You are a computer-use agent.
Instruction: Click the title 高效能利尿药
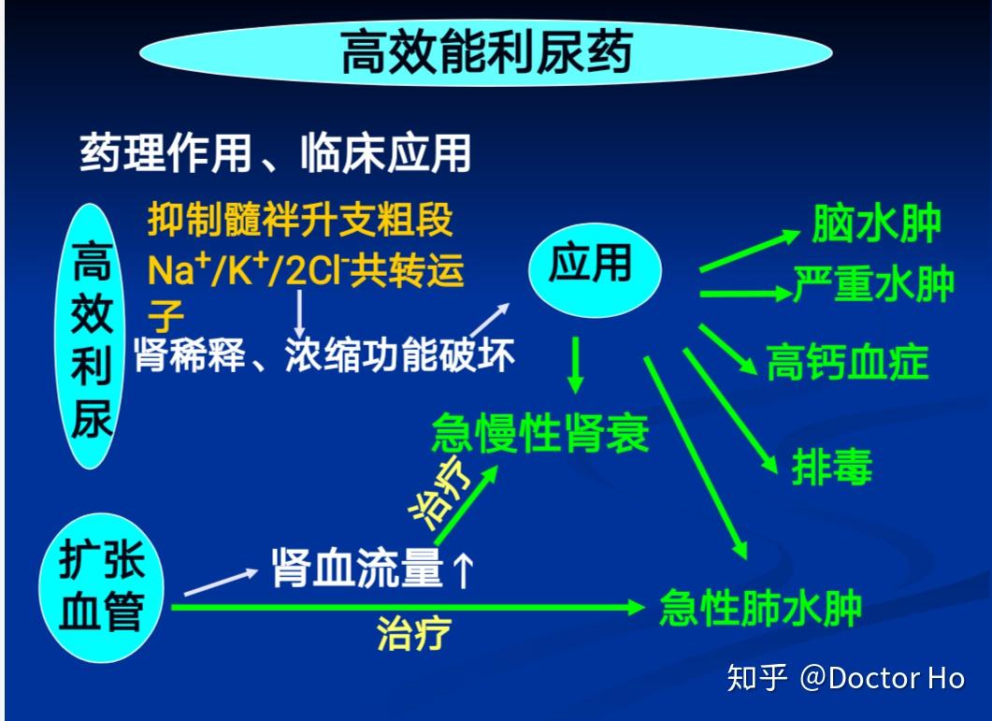(485, 52)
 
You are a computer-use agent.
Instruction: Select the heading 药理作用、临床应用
(274, 152)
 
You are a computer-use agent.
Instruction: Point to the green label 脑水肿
(875, 224)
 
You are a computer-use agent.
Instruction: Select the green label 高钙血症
(847, 362)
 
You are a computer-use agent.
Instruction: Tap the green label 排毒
(831, 468)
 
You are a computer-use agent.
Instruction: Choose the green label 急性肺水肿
(759, 609)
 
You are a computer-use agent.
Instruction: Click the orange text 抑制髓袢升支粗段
(300, 221)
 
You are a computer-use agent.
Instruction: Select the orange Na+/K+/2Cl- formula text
(305, 271)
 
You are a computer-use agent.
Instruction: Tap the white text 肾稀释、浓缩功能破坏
(323, 355)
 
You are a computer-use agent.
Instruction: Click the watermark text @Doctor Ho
(881, 678)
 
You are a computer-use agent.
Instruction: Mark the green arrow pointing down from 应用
(576, 366)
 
